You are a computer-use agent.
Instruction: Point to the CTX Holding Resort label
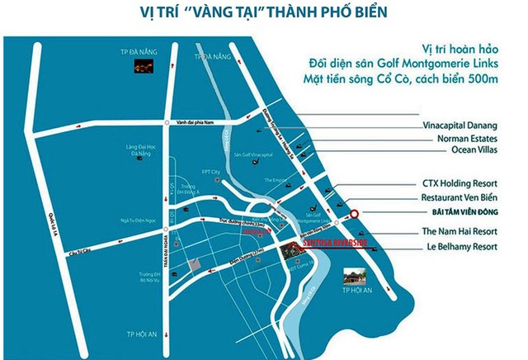tap(470, 184)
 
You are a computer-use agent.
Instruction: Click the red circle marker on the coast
tap(354, 214)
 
